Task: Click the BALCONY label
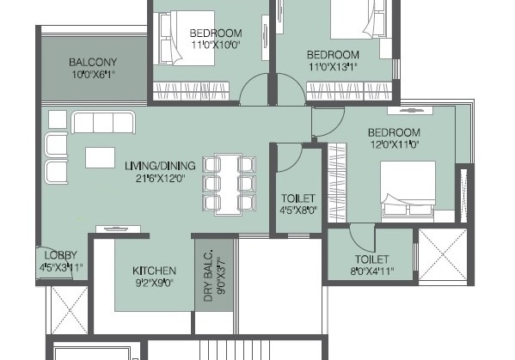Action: (93, 62)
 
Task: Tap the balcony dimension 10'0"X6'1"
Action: (93, 75)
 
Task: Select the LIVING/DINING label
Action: (160, 165)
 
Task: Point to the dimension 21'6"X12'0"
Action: (160, 178)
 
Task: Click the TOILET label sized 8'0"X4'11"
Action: (372, 259)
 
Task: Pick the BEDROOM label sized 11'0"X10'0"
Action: (215, 33)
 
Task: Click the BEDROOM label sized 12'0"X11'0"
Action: (394, 132)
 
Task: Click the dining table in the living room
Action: (229, 183)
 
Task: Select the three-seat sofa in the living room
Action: (103, 123)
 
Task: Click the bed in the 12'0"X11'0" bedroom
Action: (416, 187)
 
